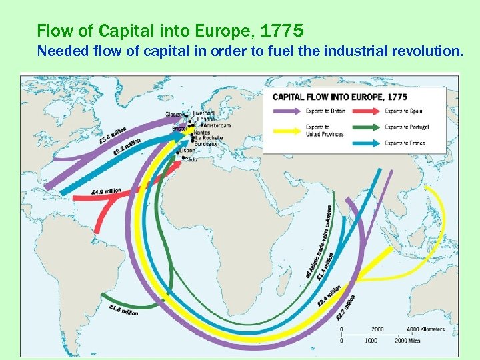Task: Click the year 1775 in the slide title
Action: (x=283, y=30)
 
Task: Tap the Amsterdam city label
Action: (x=217, y=125)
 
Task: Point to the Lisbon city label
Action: (x=187, y=150)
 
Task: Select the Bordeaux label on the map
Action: (x=206, y=143)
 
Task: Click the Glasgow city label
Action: (x=176, y=113)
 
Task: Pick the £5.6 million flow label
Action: (x=113, y=135)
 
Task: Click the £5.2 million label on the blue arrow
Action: (x=127, y=147)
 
